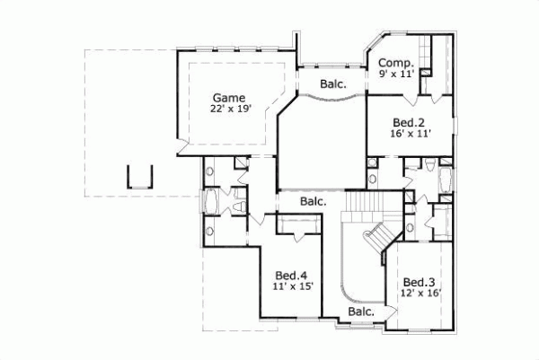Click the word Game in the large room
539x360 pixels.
pyautogui.click(x=230, y=97)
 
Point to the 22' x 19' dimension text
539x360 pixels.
pyautogui.click(x=230, y=110)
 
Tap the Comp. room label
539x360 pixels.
pyautogui.click(x=395, y=63)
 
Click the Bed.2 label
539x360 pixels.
pyautogui.click(x=408, y=122)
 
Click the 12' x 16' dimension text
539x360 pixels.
pyautogui.click(x=419, y=292)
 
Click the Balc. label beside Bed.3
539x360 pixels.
pyautogui.click(x=361, y=312)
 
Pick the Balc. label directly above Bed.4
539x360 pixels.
pyautogui.click(x=313, y=201)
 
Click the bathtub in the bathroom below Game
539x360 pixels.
pyautogui.click(x=212, y=202)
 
